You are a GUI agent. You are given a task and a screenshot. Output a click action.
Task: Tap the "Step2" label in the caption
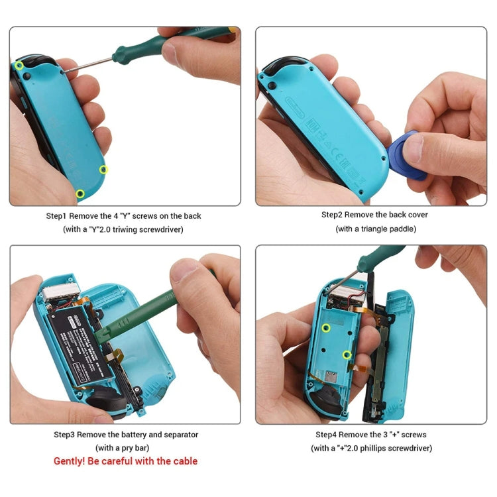click(334, 215)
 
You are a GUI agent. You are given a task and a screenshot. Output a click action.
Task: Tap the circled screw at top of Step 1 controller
click(20, 65)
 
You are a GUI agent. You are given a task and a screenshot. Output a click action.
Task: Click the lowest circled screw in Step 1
click(80, 193)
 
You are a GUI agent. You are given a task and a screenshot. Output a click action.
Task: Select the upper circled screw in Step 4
click(326, 327)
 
